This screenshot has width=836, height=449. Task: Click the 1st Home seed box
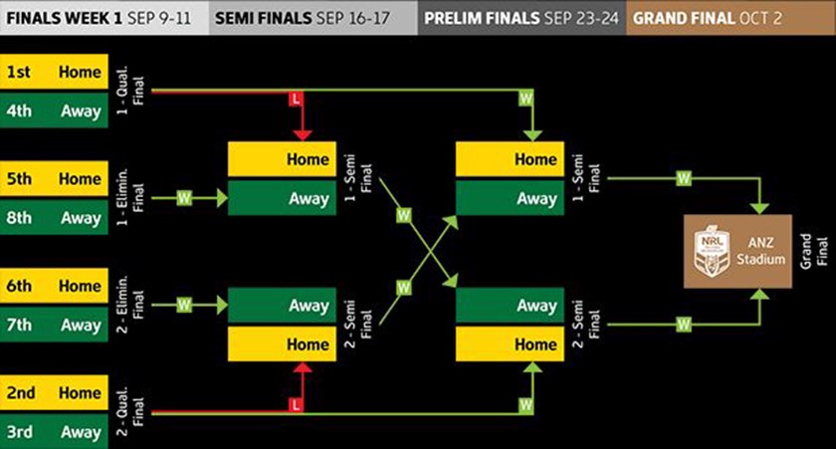tap(54, 73)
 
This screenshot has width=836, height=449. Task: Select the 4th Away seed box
tap(54, 111)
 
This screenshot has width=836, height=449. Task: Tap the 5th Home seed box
tap(54, 179)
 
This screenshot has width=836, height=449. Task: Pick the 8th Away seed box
tap(54, 217)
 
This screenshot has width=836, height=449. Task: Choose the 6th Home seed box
tap(54, 286)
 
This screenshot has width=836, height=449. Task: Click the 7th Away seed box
tap(54, 325)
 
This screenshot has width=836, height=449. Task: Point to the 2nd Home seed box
tap(54, 392)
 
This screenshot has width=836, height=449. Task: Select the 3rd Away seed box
tap(54, 431)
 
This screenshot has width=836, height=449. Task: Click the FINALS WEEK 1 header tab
tap(104, 18)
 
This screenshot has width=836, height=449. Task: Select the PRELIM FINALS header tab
tap(520, 18)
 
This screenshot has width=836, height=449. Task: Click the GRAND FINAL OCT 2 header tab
tap(730, 18)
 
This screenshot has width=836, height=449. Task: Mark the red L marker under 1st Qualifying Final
tap(295, 99)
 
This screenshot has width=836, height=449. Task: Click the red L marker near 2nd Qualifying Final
tap(295, 405)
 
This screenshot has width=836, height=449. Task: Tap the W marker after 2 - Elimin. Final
tap(183, 306)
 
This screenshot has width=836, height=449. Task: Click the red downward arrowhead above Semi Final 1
tap(295, 133)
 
